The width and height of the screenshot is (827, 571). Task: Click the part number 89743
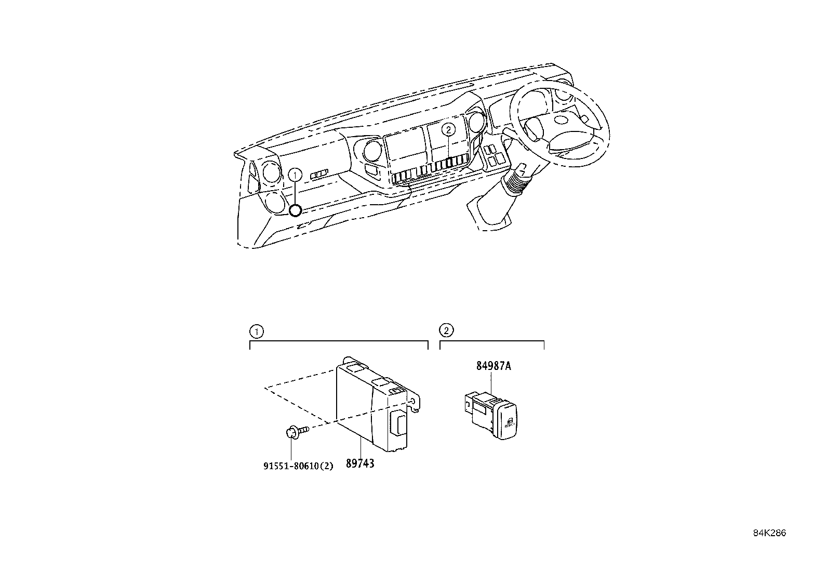click(x=359, y=463)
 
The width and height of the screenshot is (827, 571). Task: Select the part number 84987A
click(x=493, y=366)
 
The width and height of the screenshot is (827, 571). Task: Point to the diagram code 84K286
click(x=770, y=533)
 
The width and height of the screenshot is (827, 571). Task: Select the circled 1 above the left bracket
click(x=255, y=330)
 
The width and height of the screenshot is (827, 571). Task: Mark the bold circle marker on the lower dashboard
click(x=295, y=210)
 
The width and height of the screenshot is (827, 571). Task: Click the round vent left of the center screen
click(x=371, y=151)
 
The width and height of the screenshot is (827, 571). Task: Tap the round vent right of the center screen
click(x=475, y=123)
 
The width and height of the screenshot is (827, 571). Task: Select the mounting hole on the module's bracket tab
click(x=413, y=401)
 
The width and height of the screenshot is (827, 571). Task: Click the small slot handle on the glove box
click(x=319, y=175)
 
